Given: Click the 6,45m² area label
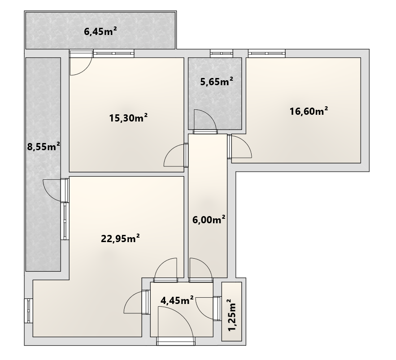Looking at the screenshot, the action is (100, 31).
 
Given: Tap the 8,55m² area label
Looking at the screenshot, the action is (44, 147).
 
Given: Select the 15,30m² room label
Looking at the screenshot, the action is (128, 118).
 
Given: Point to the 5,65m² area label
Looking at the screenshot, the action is (217, 82).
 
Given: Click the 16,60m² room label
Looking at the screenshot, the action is (309, 111).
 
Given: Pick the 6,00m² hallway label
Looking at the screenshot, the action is (209, 220).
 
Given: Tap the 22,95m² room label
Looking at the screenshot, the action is (120, 239).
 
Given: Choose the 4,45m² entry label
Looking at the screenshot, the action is (177, 300).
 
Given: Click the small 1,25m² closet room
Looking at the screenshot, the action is (231, 311).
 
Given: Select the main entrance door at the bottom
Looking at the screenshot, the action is (176, 325).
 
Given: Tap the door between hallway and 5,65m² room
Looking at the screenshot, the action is (205, 121).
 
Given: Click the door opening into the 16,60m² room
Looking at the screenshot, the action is (239, 147).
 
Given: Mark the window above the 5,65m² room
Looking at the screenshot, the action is (222, 53).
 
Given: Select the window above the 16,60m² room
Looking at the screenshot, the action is (267, 53).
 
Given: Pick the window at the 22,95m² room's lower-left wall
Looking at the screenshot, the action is (29, 311).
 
